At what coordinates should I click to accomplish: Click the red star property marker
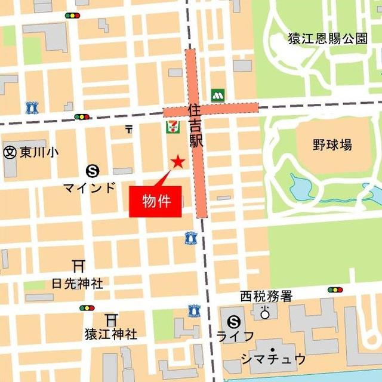178,161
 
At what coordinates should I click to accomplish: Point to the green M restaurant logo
217,95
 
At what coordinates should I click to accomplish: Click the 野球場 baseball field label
332,144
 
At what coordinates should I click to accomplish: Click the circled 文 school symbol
10,152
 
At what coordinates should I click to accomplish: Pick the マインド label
90,187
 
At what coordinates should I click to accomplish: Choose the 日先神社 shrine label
77,283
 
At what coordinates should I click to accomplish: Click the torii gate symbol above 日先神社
77,266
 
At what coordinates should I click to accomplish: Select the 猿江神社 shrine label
110,334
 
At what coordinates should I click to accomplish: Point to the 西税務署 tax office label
266,296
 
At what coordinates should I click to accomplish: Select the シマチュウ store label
273,359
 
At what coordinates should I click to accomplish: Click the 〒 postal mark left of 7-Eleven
129,128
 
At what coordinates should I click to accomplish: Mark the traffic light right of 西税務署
335,290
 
